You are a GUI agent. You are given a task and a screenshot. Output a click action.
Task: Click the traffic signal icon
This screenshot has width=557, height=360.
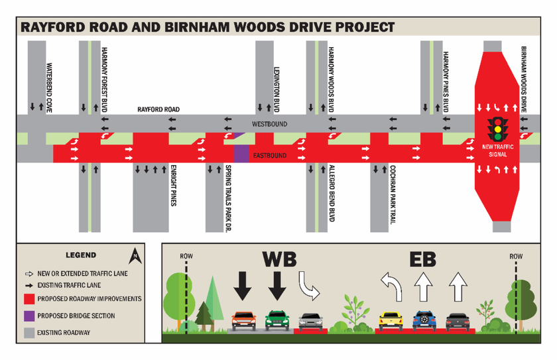tap(498, 129)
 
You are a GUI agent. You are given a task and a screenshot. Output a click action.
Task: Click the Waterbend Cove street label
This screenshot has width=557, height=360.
tap(49, 88)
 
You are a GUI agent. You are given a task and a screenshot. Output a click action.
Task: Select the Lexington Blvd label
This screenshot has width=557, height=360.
tap(277, 90)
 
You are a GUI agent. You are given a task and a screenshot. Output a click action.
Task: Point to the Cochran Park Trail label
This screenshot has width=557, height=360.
tap(393, 194)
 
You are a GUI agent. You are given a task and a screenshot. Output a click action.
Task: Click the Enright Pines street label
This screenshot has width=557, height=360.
tap(173, 185)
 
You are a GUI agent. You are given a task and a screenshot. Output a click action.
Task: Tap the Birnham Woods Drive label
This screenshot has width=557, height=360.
tap(523, 79)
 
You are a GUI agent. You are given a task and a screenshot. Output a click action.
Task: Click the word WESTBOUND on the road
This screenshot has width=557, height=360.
tap(270, 124)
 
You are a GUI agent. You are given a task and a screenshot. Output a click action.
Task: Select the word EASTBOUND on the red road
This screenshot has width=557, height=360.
tap(270, 156)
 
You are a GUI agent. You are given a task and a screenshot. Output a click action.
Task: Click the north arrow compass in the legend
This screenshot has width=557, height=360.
tap(135, 257)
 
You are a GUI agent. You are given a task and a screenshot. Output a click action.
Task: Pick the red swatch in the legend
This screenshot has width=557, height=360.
tap(29, 299)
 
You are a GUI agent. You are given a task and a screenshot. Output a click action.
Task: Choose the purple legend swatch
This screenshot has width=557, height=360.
tap(29, 316)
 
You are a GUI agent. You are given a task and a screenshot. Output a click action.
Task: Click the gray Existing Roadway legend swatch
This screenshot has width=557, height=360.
tap(29, 333)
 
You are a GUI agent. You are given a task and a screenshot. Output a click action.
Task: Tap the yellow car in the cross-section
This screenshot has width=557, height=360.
tap(391, 321)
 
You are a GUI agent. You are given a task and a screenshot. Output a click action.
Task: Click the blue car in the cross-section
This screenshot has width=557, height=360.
tap(424, 321)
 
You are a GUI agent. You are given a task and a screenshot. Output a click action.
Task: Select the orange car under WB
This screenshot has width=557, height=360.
tap(244, 321)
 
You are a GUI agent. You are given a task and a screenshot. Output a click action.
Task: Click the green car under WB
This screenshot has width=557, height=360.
tap(277, 321)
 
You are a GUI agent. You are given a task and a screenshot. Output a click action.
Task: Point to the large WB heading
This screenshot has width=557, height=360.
tap(279, 259)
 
